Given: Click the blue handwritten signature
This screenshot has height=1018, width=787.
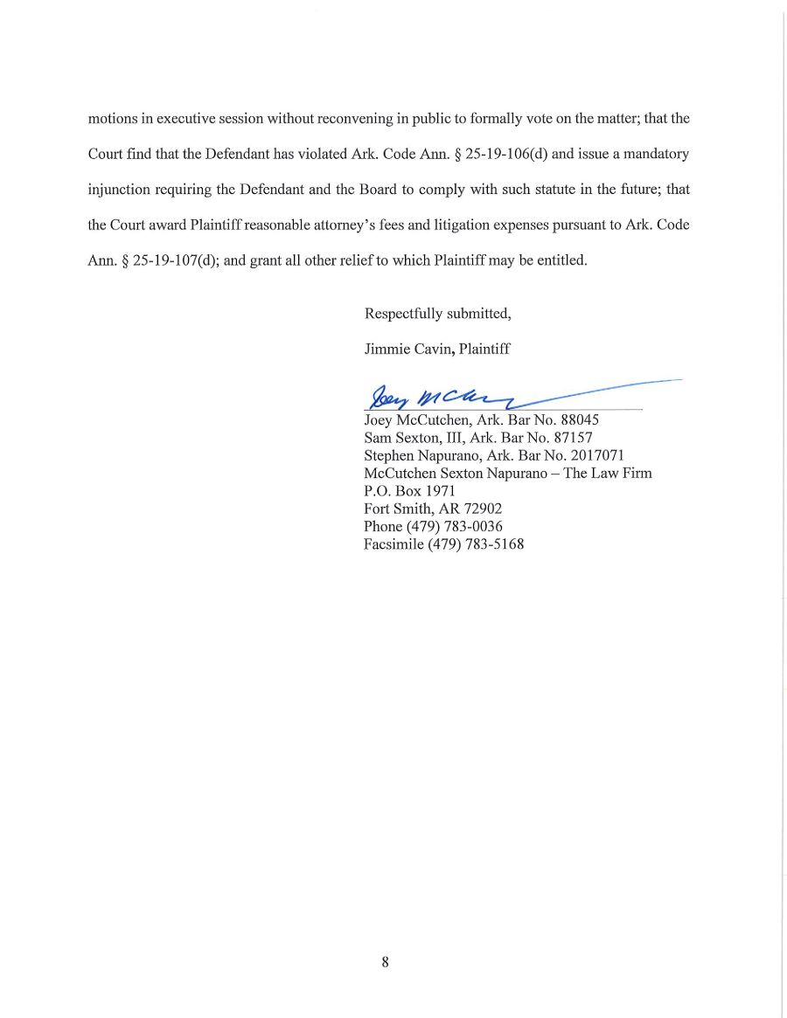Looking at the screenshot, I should (x=437, y=398).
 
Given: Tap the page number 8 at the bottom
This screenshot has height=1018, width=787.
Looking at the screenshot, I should (x=385, y=962).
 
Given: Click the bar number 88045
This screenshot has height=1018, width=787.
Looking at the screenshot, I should (x=579, y=419).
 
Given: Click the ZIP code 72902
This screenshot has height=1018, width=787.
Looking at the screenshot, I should (x=483, y=509).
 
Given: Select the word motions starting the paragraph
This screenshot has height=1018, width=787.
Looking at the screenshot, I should (x=112, y=118).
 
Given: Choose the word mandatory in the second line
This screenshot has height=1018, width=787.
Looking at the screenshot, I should (x=658, y=154).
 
